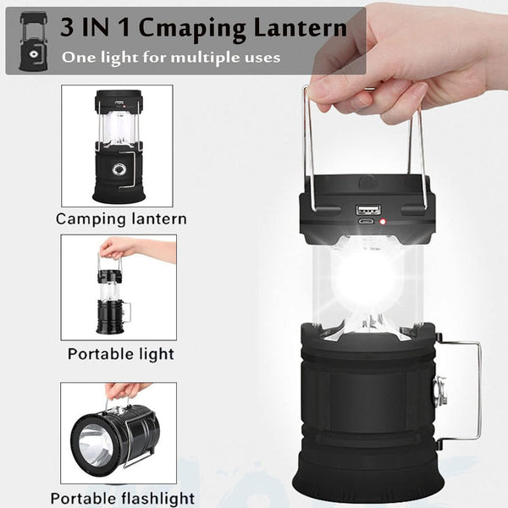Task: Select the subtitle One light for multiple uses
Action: [x=170, y=58]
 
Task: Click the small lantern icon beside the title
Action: [x=33, y=40]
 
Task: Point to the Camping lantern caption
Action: [x=120, y=218]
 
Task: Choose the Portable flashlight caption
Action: [x=122, y=498]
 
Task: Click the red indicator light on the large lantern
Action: [x=383, y=224]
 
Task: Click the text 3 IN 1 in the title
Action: [x=92, y=27]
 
